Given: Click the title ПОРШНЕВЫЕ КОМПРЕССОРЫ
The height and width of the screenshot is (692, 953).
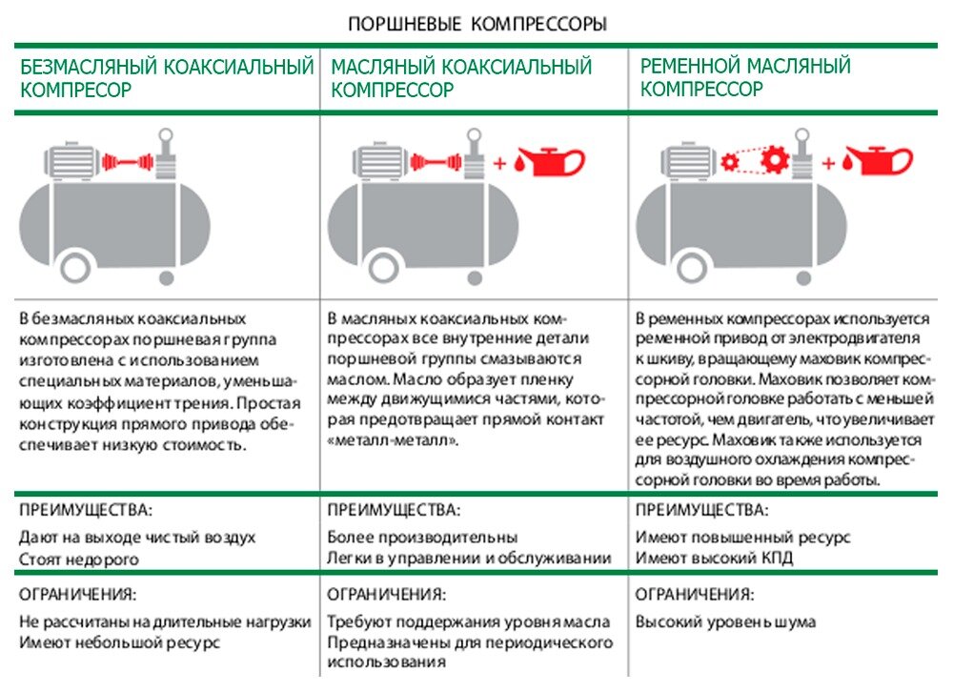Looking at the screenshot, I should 476,23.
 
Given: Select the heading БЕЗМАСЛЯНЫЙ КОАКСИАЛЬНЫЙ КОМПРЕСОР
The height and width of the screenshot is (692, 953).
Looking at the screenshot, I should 167,78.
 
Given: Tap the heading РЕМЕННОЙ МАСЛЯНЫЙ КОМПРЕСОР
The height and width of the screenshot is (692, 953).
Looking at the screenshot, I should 745,78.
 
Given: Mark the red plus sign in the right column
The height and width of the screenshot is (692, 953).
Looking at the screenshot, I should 828,163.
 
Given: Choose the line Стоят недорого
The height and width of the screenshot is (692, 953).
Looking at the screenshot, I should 79,560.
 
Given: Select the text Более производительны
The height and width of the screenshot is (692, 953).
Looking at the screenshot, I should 422,538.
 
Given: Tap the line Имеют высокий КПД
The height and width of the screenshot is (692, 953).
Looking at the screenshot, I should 715,559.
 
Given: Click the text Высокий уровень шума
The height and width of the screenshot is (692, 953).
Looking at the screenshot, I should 725,622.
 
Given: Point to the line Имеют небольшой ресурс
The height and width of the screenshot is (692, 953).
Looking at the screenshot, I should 120,642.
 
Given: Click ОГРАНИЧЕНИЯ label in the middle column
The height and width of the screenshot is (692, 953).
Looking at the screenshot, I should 386,595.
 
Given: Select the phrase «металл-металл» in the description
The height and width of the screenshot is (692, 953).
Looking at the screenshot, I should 392,440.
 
